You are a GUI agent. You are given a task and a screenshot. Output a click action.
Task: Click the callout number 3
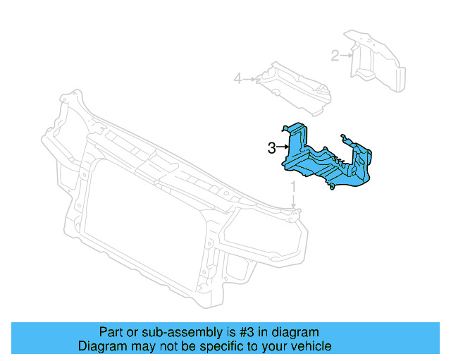(271, 147)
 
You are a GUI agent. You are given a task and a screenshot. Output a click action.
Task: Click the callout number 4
(238, 79)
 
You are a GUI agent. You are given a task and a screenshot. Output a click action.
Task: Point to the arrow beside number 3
(283, 147)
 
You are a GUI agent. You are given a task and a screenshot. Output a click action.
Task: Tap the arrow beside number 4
(250, 79)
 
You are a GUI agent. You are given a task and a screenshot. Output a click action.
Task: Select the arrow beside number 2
(347, 54)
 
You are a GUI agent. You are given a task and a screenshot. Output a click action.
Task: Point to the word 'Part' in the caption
(110, 332)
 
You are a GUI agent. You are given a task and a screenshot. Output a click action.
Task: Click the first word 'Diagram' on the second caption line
(101, 347)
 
